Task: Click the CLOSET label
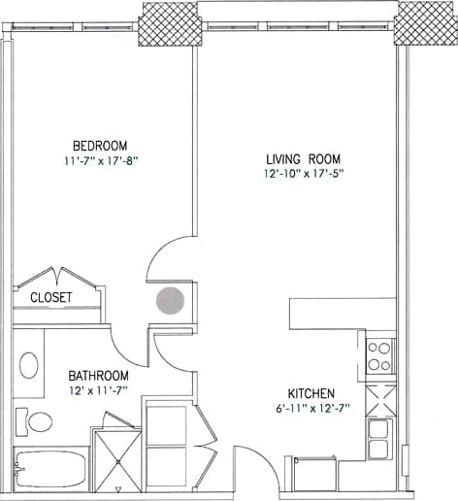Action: pos(50,297)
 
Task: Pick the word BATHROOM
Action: pos(98,376)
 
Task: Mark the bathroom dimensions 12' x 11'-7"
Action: pos(98,391)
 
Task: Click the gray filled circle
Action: pos(171,301)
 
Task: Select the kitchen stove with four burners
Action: pos(380,356)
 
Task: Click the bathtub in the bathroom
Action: pos(51,469)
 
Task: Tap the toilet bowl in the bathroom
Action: pos(40,422)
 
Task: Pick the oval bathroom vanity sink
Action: pos(29,366)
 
